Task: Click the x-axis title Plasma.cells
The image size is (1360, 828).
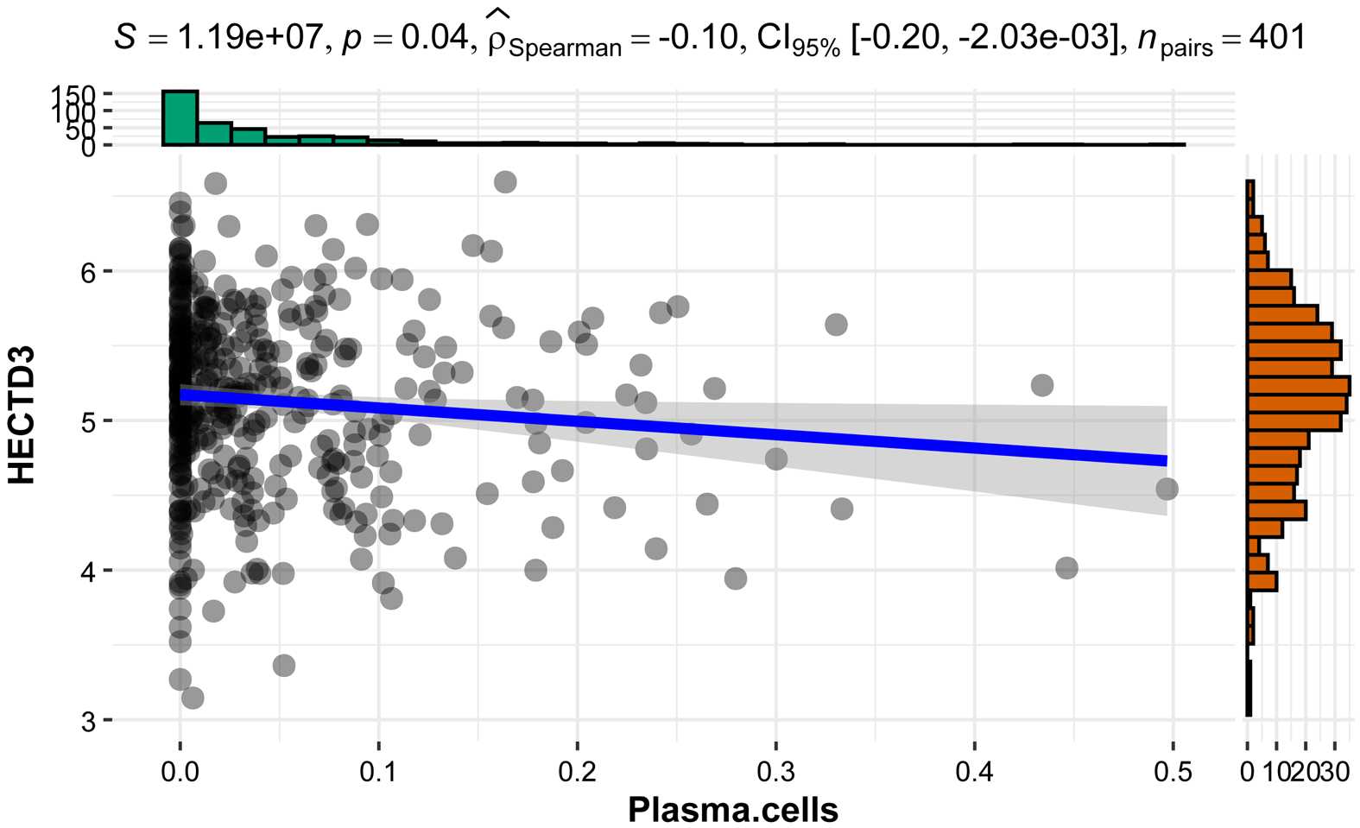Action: [732, 810]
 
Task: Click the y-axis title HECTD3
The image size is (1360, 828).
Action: [22, 414]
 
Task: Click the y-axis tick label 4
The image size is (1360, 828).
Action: [88, 572]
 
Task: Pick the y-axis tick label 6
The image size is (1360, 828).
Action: [88, 273]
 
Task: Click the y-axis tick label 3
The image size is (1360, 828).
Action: [88, 721]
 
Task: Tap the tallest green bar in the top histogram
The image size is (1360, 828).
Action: [180, 117]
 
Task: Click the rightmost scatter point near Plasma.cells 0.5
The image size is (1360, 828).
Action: [1167, 490]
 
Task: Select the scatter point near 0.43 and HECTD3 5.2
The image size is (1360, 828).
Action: [1042, 385]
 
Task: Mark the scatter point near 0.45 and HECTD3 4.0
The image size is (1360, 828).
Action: [1066, 568]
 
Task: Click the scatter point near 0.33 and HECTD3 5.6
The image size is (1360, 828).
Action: [836, 325]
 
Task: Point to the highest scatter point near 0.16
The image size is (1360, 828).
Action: [505, 182]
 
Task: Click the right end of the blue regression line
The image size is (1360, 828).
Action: [1166, 460]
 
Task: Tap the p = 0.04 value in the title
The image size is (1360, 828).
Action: [405, 38]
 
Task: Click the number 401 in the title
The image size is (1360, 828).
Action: [1276, 38]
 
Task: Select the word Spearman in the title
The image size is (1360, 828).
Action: [565, 47]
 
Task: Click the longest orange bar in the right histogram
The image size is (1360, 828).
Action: [1299, 385]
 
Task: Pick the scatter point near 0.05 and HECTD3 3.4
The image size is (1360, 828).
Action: [283, 666]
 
